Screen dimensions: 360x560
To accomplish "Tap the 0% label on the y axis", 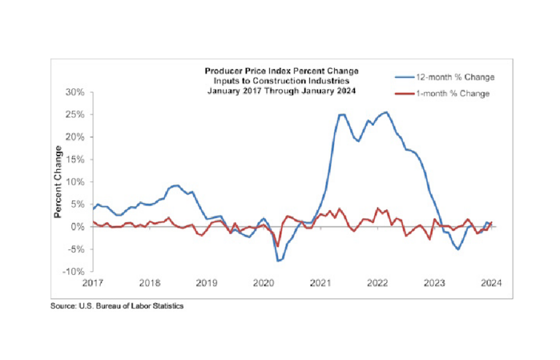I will tap(79, 227).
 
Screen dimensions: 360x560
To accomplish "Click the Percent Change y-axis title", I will tap(58, 181).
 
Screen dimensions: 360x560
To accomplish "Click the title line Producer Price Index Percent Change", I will tap(281, 71).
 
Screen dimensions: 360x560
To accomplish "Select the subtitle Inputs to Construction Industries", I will tap(281, 81).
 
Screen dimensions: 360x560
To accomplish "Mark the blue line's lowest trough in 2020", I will tap(278, 260).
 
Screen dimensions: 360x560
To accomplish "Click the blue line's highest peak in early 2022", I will tap(386, 112).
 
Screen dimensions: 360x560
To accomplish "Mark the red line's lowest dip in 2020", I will tap(277, 246).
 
